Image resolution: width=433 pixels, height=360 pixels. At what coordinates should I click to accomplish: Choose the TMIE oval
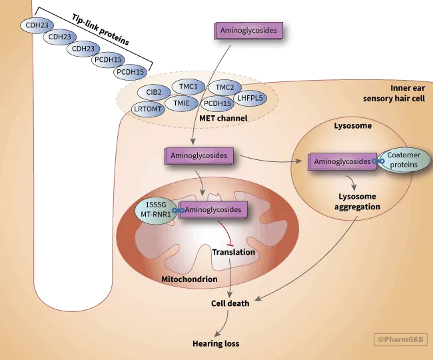(182, 103)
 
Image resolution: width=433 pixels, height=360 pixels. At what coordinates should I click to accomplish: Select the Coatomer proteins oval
(404, 160)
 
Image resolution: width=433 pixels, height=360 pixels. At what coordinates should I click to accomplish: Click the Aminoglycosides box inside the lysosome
(342, 161)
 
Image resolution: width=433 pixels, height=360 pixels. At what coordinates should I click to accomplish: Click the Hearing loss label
(215, 343)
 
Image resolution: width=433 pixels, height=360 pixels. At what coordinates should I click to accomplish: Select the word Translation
(233, 252)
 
